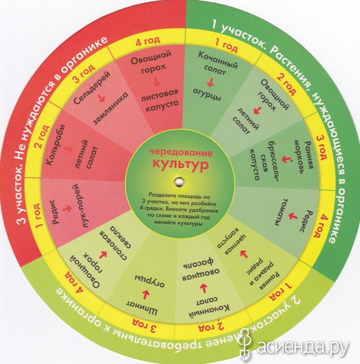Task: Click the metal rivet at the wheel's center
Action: pos(179,181)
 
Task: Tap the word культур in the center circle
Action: pos(180,164)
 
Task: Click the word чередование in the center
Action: pos(181,153)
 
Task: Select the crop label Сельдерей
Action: pos(92,88)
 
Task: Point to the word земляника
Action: pos(111,108)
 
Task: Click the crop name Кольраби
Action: pos(56,145)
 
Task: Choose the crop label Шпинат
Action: pos(142,306)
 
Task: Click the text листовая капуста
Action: pos(160,100)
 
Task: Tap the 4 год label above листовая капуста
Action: pos(148,41)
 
